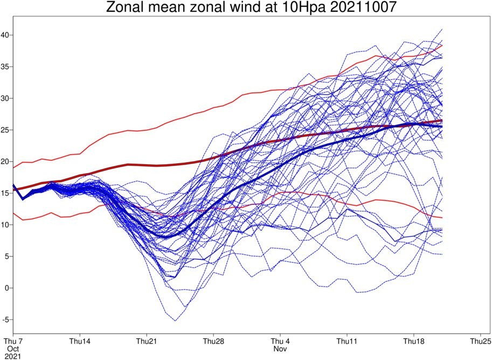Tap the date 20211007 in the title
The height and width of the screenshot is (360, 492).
point(363,7)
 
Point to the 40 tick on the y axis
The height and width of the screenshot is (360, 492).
point(6,35)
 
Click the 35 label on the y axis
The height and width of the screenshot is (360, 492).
point(6,66)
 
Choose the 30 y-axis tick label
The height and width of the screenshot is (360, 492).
point(6,98)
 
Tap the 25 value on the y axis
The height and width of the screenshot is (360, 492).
point(6,130)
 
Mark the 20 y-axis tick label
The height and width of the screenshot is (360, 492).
point(6,161)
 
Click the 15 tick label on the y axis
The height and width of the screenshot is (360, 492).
point(6,193)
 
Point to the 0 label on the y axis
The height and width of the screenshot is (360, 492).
point(8,288)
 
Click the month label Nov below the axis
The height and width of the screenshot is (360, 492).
point(280,349)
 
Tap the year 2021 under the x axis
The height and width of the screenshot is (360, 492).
point(13,356)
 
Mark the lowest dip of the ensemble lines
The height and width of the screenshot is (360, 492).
point(175,321)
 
